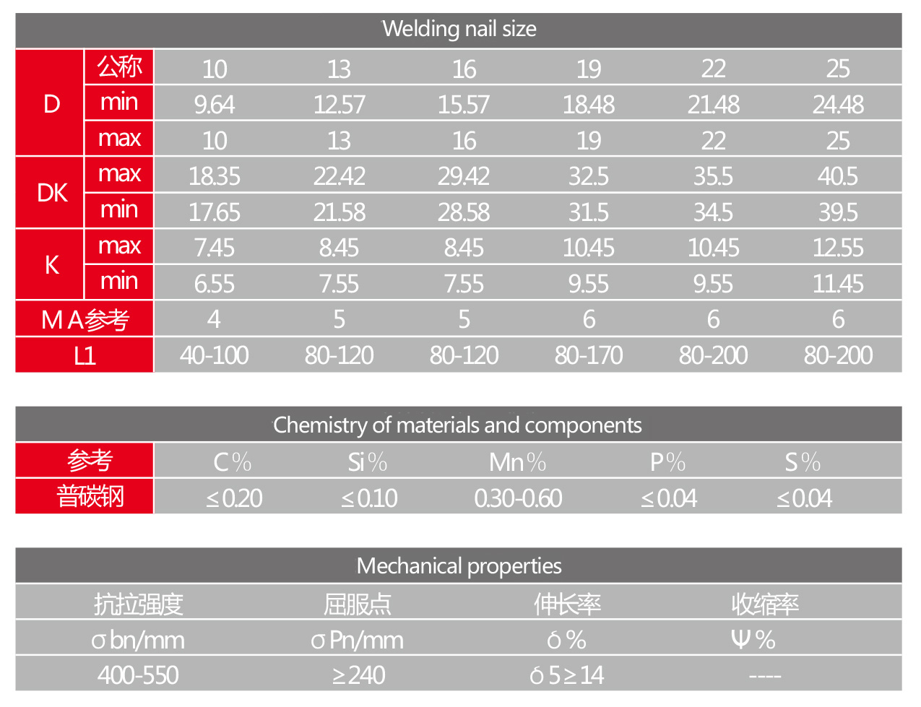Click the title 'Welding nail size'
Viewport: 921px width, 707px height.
click(x=459, y=30)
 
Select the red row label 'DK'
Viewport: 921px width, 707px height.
click(x=51, y=193)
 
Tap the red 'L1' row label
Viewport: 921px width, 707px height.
click(x=85, y=355)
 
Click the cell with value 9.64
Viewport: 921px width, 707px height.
click(x=215, y=105)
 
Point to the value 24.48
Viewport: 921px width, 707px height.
click(x=838, y=105)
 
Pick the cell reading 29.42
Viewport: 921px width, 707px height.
click(x=464, y=176)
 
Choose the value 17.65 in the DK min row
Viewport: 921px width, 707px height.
click(x=215, y=212)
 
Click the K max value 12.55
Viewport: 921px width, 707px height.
click(x=838, y=248)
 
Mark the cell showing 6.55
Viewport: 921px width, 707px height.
click(x=215, y=284)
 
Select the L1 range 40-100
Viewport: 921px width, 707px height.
click(x=215, y=355)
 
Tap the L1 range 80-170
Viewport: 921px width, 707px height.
click(x=589, y=355)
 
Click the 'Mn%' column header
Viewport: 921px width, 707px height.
click(x=517, y=462)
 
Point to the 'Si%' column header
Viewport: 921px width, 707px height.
click(x=368, y=462)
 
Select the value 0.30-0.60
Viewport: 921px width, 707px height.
click(x=518, y=498)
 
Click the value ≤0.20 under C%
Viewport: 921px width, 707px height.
click(x=234, y=498)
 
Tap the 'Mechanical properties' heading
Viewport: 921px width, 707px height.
click(x=459, y=566)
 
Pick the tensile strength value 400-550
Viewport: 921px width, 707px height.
click(x=138, y=675)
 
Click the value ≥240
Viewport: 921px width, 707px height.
click(x=358, y=675)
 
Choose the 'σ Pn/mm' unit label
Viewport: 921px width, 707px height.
click(x=358, y=640)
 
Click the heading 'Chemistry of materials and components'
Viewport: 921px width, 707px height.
click(x=457, y=425)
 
